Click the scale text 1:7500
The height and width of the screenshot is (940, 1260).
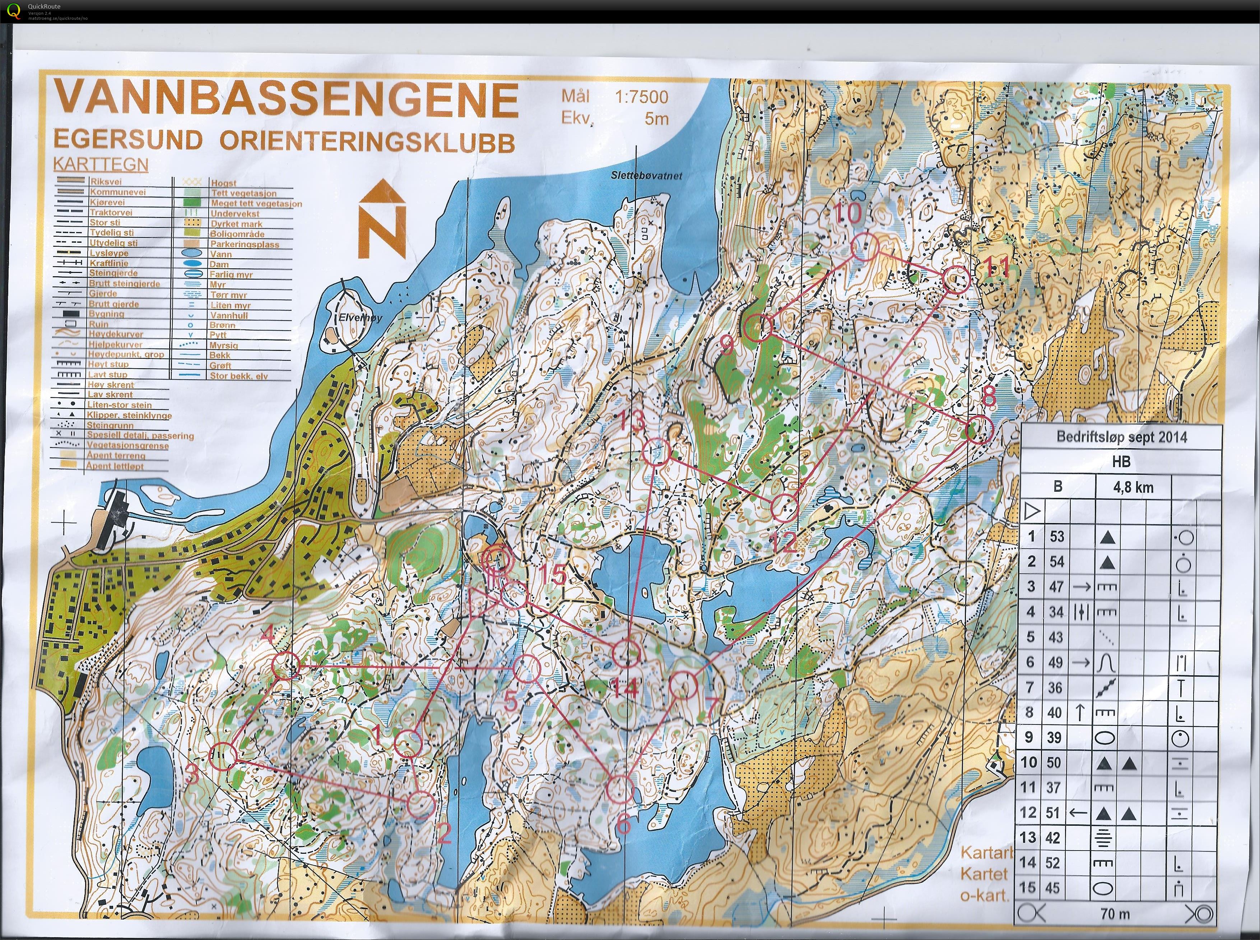[x=641, y=97]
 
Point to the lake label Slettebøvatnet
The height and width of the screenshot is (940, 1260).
[x=646, y=176]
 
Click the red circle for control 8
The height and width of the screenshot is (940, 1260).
[x=979, y=430]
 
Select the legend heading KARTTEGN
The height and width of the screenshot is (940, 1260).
[x=100, y=165]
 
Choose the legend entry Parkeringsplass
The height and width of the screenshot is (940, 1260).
[x=245, y=244]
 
